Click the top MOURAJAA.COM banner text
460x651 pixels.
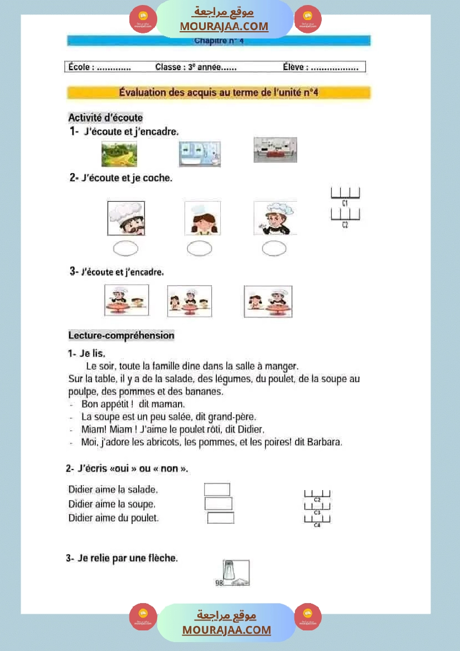click(224, 26)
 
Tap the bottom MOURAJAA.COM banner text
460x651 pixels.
click(226, 630)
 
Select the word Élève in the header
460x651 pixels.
click(294, 67)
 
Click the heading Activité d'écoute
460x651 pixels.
click(105, 118)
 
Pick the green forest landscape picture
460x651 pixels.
click(119, 154)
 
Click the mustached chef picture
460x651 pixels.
click(126, 218)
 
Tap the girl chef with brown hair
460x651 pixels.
click(202, 218)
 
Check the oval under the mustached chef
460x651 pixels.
click(125, 249)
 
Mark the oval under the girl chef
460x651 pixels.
click(199, 249)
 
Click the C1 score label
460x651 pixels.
click(345, 204)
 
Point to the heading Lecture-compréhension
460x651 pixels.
click(121, 335)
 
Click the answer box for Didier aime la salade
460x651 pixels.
click(217, 490)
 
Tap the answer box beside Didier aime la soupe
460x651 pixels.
click(218, 503)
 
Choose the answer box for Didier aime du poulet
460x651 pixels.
click(220, 518)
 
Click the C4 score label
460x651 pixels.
click(317, 525)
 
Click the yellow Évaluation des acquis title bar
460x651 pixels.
click(219, 92)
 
